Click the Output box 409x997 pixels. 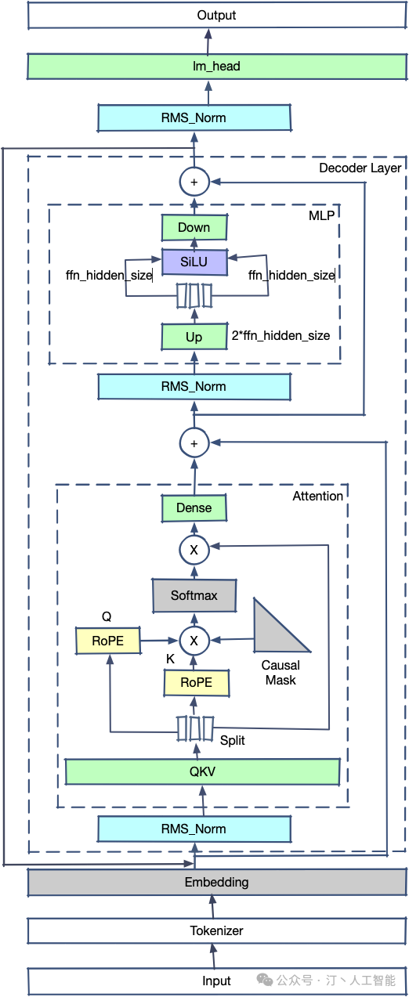pyautogui.click(x=217, y=16)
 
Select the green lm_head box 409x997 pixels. pyautogui.click(x=217, y=67)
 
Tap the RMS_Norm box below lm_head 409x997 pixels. pyautogui.click(x=194, y=118)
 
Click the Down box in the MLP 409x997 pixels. pyautogui.click(x=194, y=227)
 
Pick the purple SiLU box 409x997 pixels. pyautogui.click(x=194, y=262)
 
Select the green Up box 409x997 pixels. pyautogui.click(x=194, y=337)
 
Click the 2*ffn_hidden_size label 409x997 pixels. pyautogui.click(x=281, y=336)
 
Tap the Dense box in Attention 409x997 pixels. pyautogui.click(x=194, y=508)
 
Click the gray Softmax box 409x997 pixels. pyautogui.click(x=194, y=595)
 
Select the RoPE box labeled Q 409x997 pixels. pyautogui.click(x=107, y=641)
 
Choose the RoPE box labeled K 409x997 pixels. pyautogui.click(x=196, y=683)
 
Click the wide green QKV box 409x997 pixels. pyautogui.click(x=202, y=771)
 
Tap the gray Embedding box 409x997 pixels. pyautogui.click(x=217, y=882)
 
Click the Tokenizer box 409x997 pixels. pyautogui.click(x=217, y=930)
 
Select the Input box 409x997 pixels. pyautogui.click(x=217, y=981)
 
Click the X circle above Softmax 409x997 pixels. pyautogui.click(x=194, y=550)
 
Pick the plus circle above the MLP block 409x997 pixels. pyautogui.click(x=194, y=182)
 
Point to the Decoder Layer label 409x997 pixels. pyautogui.click(x=360, y=168)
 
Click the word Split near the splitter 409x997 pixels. pyautogui.click(x=233, y=740)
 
